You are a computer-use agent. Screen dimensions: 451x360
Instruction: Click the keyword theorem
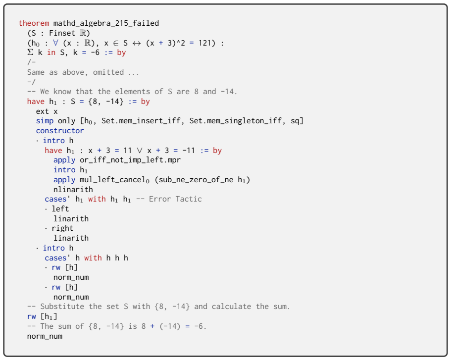(34, 23)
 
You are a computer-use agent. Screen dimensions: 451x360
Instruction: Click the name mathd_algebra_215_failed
(106, 23)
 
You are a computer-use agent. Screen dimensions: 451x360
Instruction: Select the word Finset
(62, 33)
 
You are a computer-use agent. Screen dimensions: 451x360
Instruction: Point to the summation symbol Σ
(30, 52)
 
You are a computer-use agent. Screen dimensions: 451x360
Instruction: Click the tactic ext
(43, 111)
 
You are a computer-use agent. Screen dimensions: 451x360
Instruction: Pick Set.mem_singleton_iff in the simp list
(235, 121)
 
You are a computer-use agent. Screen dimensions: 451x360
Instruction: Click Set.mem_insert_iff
(141, 121)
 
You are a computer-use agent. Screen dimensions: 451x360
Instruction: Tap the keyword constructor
(60, 131)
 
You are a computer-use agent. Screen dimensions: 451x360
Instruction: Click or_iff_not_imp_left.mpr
(130, 160)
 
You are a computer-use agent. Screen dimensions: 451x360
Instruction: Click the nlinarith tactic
(73, 190)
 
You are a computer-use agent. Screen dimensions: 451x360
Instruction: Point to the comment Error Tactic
(175, 199)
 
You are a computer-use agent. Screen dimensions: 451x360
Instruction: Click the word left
(60, 209)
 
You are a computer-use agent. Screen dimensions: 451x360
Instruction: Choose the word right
(62, 228)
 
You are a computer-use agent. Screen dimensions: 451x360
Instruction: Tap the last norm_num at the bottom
(45, 336)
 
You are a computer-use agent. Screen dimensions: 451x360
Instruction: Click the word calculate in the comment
(232, 307)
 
